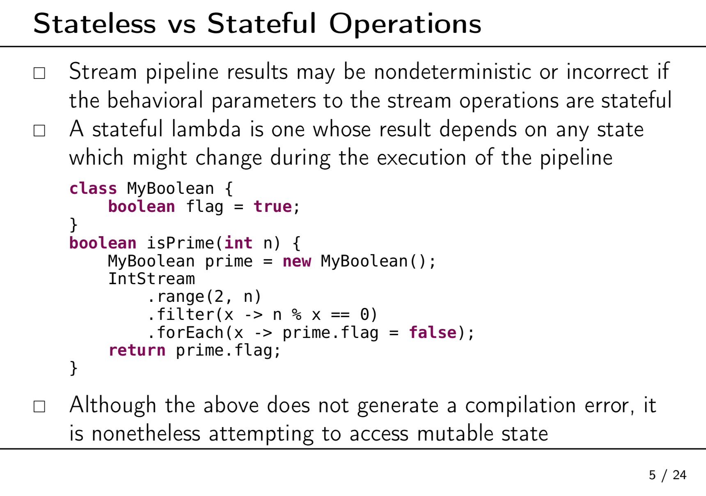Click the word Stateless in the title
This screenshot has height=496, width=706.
click(x=94, y=23)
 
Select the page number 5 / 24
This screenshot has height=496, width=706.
click(x=667, y=475)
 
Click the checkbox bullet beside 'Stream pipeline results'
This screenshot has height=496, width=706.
click(x=39, y=73)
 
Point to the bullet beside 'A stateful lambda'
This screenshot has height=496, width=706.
click(x=39, y=131)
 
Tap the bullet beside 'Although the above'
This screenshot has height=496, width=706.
click(x=39, y=406)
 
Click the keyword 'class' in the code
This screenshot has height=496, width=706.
click(x=93, y=188)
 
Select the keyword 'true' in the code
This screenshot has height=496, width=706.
click(x=273, y=206)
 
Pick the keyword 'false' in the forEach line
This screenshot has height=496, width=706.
click(x=433, y=332)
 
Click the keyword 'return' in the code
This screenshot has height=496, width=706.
click(x=137, y=350)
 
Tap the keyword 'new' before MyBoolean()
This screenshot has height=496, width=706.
click(x=297, y=261)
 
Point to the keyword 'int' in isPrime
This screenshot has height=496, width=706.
click(x=238, y=243)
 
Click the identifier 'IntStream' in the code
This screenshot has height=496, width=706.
click(x=151, y=278)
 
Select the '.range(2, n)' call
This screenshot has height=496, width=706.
click(x=204, y=296)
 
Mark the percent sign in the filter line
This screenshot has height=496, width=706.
click(x=296, y=315)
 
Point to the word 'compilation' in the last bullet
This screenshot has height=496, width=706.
click(x=520, y=406)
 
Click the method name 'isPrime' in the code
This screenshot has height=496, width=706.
click(x=181, y=243)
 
